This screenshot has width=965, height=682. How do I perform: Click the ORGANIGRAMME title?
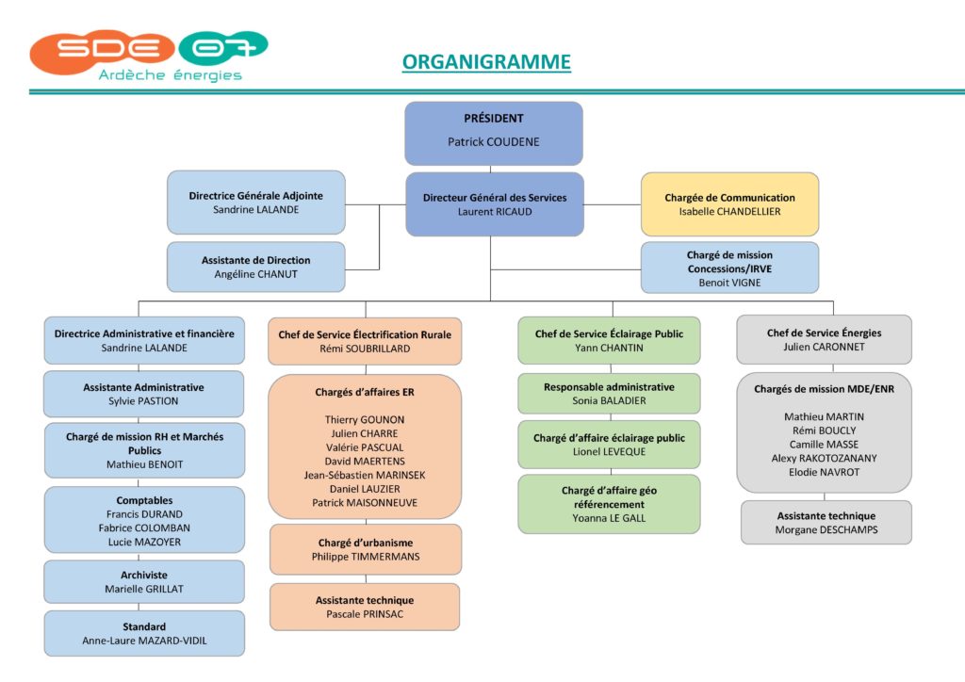tap(486, 62)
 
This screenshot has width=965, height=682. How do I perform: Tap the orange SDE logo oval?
tap(102, 52)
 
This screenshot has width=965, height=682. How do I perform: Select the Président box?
tap(494, 134)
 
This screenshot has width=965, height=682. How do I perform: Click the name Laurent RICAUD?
tap(495, 212)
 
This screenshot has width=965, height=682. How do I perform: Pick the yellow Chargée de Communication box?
tap(730, 204)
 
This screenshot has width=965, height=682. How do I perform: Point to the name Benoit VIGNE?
tap(729, 283)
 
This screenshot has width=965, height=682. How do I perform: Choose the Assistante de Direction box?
tap(256, 267)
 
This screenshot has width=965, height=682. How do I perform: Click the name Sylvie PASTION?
tap(143, 401)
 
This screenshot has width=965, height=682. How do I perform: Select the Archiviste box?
tap(144, 582)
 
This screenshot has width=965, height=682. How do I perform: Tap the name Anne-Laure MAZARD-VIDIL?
tap(144, 641)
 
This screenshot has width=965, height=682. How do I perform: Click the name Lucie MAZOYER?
tap(144, 542)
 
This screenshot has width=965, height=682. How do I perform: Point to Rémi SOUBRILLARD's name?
tap(365, 349)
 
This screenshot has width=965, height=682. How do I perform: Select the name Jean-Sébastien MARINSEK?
tap(365, 475)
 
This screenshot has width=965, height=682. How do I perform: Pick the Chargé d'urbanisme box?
tap(366, 549)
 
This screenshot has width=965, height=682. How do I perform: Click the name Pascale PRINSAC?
tap(365, 614)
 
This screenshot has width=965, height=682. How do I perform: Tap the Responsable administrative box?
tap(610, 394)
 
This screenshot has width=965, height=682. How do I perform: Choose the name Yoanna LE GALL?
tap(610, 518)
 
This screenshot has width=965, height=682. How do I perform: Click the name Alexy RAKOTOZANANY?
tap(824, 458)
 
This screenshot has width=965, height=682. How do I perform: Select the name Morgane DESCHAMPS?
tap(826, 529)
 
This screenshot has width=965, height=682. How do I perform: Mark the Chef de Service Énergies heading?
tap(824, 333)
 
